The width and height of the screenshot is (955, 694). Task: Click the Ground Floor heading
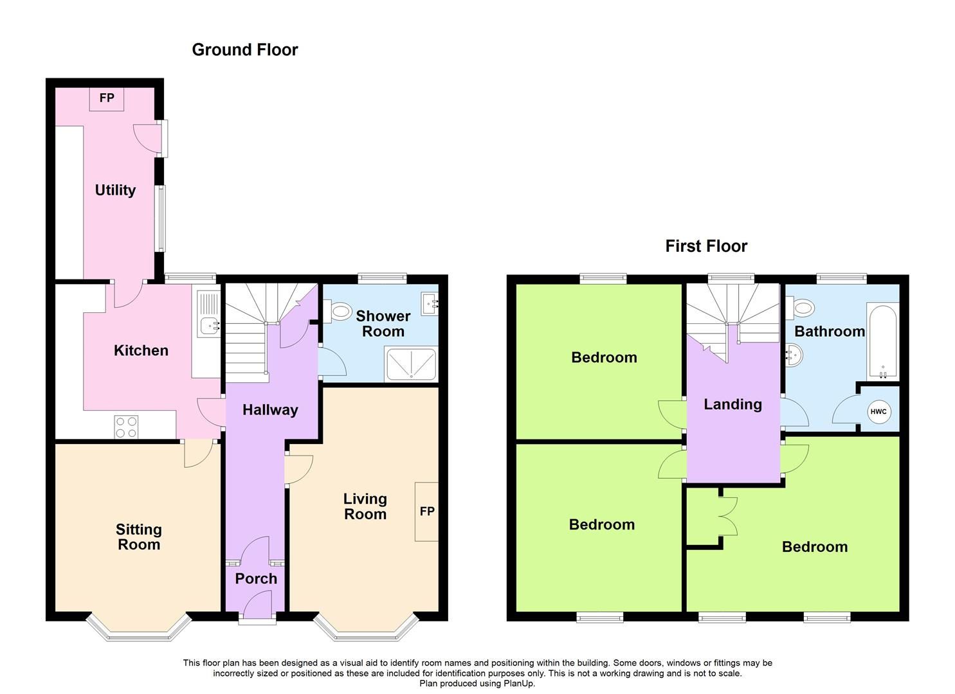[244, 49]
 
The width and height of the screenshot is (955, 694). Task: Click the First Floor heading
[705, 246]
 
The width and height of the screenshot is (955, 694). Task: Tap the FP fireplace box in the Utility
[106, 98]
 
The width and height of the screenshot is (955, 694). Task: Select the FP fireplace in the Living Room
[426, 512]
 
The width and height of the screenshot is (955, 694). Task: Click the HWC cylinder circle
[878, 412]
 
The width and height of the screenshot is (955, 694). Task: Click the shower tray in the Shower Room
[410, 364]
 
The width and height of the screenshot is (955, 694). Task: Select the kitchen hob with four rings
[126, 427]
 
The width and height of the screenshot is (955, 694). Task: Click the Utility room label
[115, 190]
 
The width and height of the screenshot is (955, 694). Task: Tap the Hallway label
[270, 410]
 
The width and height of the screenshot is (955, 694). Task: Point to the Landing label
[732, 404]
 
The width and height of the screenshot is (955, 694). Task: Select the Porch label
[256, 578]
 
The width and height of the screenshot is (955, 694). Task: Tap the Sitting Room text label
[139, 537]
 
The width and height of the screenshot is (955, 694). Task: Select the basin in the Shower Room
[430, 302]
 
